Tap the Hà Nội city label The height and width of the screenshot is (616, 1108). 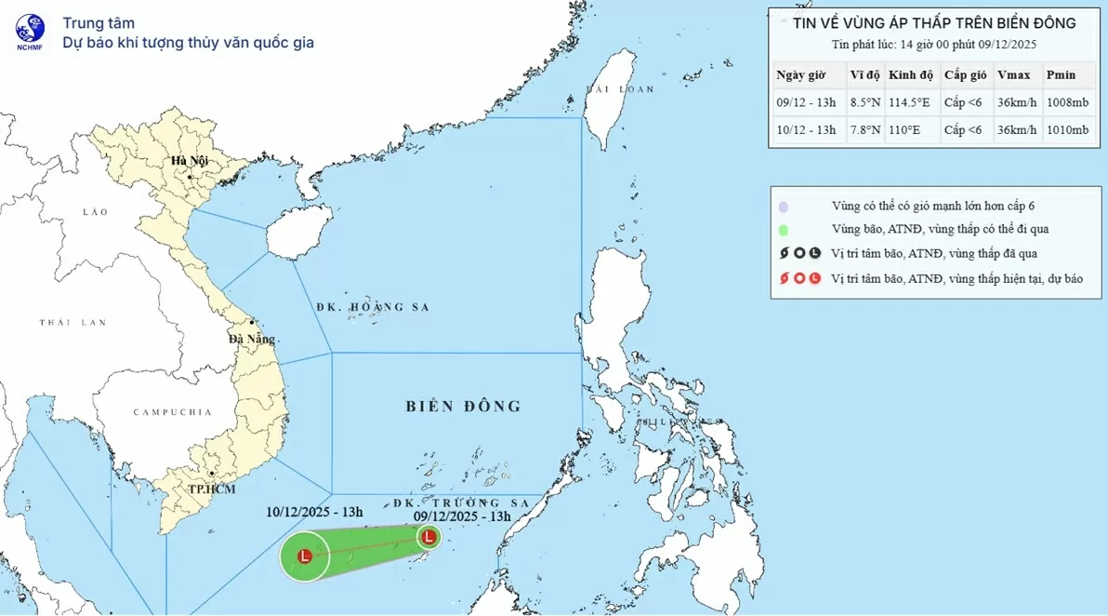coord(189,162)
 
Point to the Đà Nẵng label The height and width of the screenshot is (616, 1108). coord(252,339)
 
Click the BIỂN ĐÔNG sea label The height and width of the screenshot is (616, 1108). coord(464,406)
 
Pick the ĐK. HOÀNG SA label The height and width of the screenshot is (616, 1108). coord(372,307)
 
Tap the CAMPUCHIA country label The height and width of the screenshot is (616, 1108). coord(172,412)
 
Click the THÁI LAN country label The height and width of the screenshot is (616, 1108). coord(73,322)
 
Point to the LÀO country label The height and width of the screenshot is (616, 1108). coord(96,212)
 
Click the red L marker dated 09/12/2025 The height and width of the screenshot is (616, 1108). coord(429,536)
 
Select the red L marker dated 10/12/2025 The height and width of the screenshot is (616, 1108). coord(304,556)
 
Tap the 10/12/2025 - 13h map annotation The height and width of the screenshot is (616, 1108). coord(314,511)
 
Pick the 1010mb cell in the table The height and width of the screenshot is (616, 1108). coord(1066,129)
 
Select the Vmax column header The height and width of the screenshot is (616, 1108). coord(1012,75)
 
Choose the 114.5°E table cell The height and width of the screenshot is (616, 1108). coord(908,102)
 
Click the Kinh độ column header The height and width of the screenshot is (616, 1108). coord(907,75)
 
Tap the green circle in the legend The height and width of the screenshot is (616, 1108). coord(785,230)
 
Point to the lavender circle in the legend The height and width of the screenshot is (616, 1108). coord(785,207)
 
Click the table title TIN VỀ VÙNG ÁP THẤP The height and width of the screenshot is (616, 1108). coord(934,23)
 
